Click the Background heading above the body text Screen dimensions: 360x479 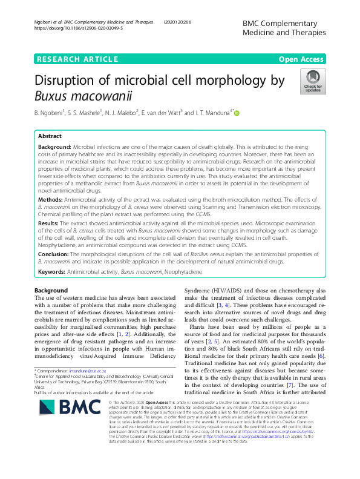[51, 291]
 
